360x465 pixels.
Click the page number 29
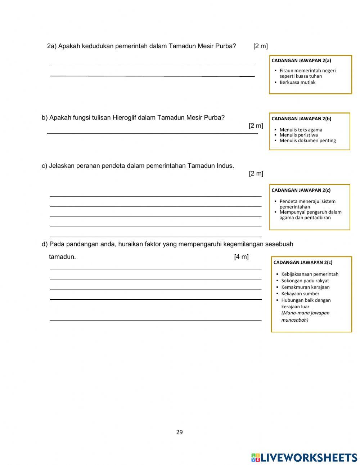coord(179,432)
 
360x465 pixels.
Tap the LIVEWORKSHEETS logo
coord(304,457)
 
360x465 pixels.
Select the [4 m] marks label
coord(241,257)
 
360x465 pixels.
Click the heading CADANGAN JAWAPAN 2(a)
coord(301,61)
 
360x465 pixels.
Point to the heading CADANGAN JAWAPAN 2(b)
coord(301,119)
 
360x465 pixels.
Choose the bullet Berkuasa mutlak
coord(297,82)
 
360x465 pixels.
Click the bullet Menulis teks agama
coord(301,130)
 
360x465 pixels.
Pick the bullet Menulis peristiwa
coord(298,135)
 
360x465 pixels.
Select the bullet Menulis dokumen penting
coord(307,140)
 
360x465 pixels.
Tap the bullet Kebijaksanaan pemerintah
coord(310,274)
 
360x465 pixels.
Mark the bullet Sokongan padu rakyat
coord(305,281)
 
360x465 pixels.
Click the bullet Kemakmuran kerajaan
coord(305,287)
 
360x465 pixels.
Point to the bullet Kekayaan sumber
coord(300,294)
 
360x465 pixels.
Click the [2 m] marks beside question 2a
coord(260,46)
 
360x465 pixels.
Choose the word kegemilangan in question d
coord(243,244)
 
